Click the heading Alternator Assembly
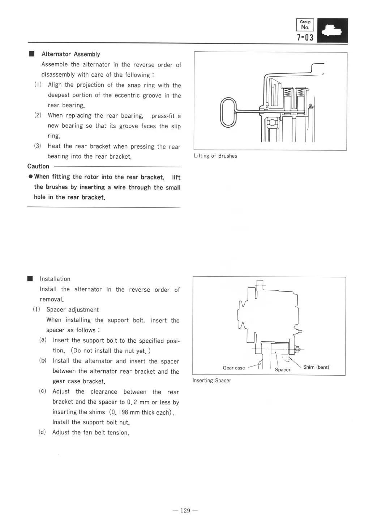tap(70, 54)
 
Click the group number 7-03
tap(305, 37)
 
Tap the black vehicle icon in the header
tap(333, 30)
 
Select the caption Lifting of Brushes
tap(215, 156)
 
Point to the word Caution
tap(38, 166)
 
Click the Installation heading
tap(55, 279)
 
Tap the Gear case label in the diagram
tap(234, 368)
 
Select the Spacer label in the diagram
tap(283, 369)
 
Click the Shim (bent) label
tap(316, 367)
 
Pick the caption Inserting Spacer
tap(212, 380)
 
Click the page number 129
tap(185, 510)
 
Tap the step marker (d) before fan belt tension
tap(42, 432)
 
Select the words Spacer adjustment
tap(72, 310)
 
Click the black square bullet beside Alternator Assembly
tap(31, 54)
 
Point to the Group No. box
tap(305, 25)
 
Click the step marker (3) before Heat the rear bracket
tap(38, 146)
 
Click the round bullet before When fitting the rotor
tap(31, 177)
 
